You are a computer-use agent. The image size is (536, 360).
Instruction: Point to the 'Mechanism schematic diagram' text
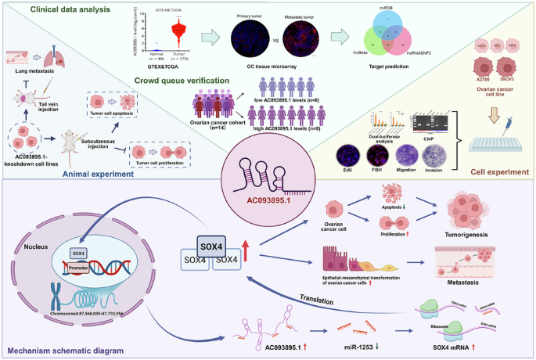(x=63, y=351)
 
